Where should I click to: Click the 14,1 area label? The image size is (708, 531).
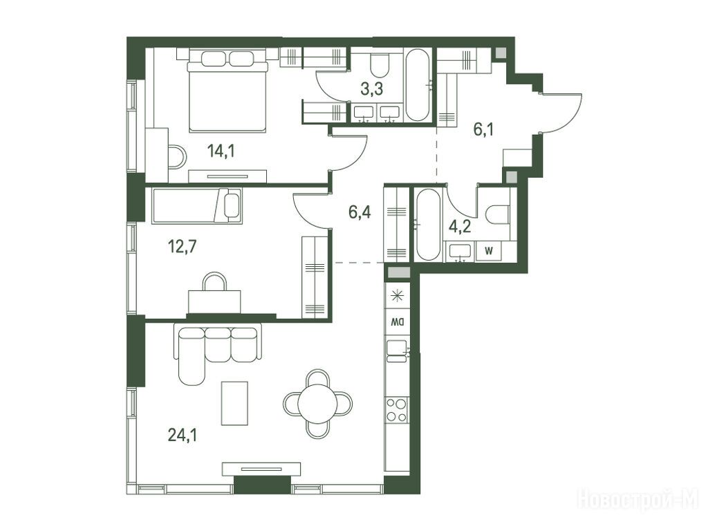221,151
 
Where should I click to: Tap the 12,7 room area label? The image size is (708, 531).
182,247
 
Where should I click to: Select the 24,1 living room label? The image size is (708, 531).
183,435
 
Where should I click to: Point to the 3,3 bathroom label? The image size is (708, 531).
371,89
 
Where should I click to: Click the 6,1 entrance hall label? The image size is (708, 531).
483,129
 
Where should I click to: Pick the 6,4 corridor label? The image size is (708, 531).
360,212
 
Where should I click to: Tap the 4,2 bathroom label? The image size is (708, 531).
459,226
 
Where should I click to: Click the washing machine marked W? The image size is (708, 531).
489,251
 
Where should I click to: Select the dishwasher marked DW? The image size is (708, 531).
397,322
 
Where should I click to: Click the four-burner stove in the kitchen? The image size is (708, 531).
397,410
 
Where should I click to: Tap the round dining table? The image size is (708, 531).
318,403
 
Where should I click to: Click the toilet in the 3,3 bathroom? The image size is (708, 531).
380,66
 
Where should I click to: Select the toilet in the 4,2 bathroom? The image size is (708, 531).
498,214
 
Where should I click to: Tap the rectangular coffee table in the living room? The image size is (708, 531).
234,403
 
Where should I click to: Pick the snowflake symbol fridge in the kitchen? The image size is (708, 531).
397,296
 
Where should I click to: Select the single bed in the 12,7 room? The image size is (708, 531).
197,205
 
